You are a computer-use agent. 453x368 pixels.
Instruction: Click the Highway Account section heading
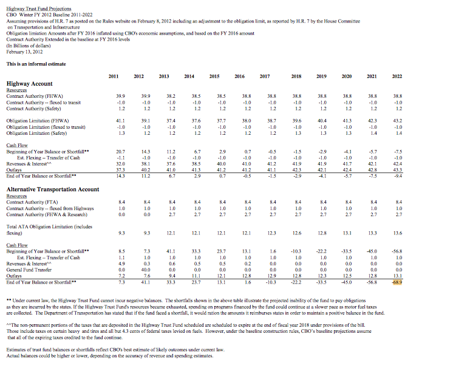coord(29,84)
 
